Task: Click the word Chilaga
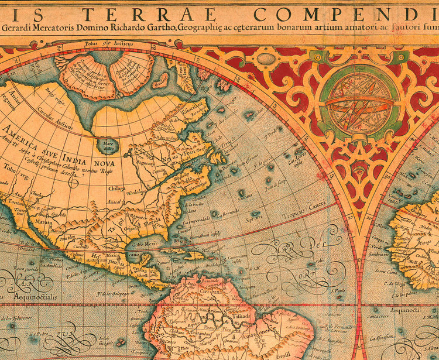[117, 188]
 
